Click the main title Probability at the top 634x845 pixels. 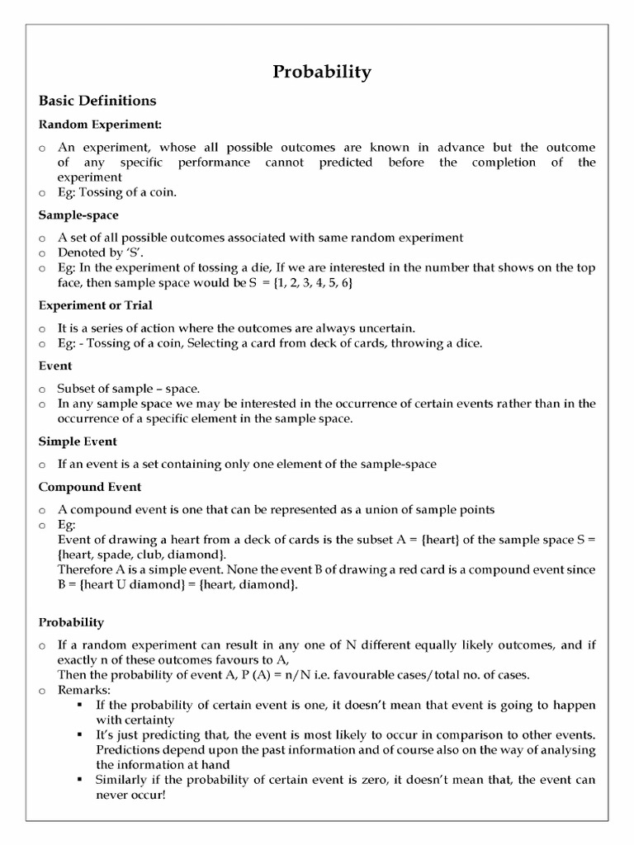322,72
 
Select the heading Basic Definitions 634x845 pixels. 97,101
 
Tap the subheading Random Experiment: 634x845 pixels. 101,125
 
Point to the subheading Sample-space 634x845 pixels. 78,215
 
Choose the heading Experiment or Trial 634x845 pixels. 95,305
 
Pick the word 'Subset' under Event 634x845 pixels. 76,388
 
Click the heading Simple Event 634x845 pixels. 78,441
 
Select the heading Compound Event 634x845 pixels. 90,487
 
